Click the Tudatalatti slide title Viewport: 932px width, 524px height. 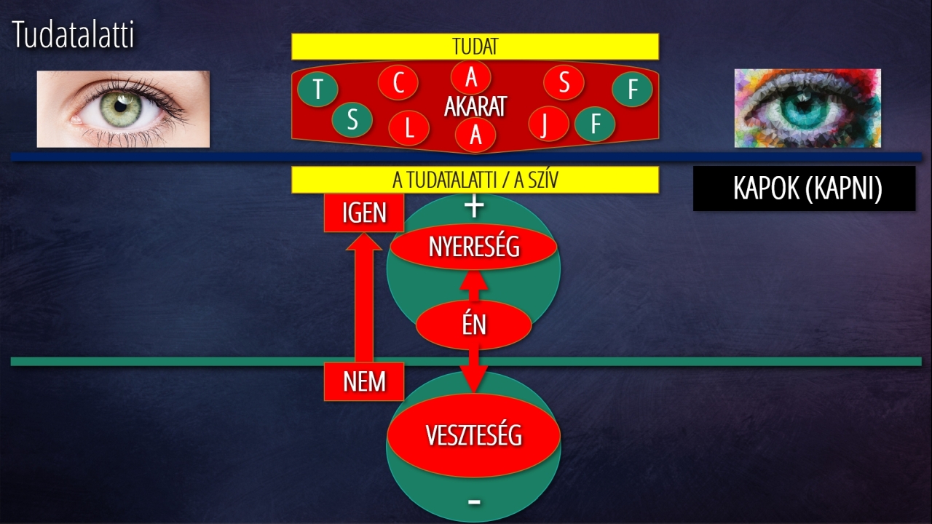point(74,34)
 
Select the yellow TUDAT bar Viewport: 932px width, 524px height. point(475,47)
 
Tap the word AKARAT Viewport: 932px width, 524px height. point(475,106)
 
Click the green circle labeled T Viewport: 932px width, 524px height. point(318,89)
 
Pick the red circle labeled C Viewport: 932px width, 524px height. point(398,82)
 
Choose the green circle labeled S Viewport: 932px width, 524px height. point(352,120)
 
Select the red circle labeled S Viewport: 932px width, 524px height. point(564,82)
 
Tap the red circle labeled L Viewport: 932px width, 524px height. point(409,128)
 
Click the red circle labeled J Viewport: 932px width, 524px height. point(549,124)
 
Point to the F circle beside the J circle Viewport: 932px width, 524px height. point(595,124)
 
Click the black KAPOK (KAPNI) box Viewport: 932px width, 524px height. point(805,188)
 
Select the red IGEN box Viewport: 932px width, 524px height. point(364,213)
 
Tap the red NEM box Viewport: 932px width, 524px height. point(364,381)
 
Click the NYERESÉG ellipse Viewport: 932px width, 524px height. point(474,247)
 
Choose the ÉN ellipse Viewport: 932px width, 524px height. point(474,325)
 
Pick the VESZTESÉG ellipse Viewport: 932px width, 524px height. point(474,435)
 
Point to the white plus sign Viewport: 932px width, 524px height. point(474,207)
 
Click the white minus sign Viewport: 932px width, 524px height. point(474,502)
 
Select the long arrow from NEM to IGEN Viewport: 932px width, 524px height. point(364,298)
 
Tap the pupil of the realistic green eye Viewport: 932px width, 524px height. point(120,106)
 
